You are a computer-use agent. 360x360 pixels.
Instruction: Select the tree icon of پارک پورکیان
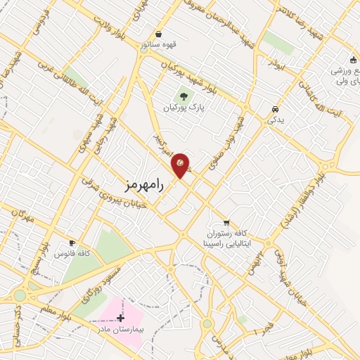[x=184, y=96]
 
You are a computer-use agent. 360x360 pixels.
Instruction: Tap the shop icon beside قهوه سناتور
[x=159, y=34]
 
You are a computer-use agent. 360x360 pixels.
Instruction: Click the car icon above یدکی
[x=274, y=110]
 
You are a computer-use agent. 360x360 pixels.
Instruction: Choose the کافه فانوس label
[x=74, y=252]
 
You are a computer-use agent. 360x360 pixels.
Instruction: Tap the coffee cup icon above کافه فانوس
[x=72, y=242]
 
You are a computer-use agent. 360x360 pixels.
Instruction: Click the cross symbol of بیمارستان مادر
[x=121, y=318]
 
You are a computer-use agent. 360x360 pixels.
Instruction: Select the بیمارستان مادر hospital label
[x=120, y=328]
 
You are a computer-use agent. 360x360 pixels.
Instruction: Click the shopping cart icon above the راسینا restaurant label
[x=226, y=224]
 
